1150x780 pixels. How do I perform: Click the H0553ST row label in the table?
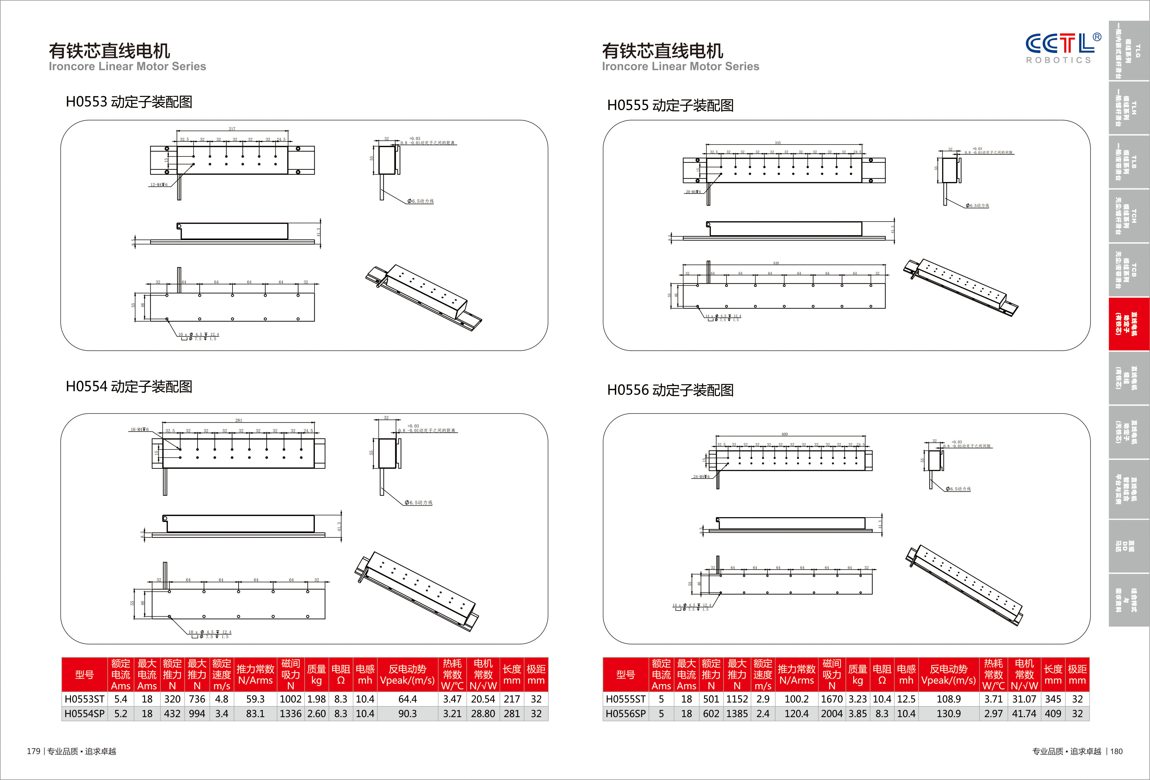(85, 699)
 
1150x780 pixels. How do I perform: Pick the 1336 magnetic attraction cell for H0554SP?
(290, 714)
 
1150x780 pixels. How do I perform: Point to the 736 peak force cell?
(197, 699)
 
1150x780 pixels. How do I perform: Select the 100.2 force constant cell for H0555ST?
(796, 699)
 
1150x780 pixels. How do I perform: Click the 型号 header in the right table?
(626, 674)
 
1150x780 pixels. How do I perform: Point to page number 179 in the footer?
(33, 751)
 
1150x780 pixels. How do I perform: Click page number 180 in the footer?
(1116, 751)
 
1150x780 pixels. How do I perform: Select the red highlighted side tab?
(1129, 324)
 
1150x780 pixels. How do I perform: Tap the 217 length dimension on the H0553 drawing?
(232, 129)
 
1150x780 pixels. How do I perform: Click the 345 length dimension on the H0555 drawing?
(778, 142)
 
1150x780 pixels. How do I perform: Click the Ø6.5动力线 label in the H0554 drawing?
(419, 503)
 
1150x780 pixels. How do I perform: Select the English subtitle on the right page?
(680, 66)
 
